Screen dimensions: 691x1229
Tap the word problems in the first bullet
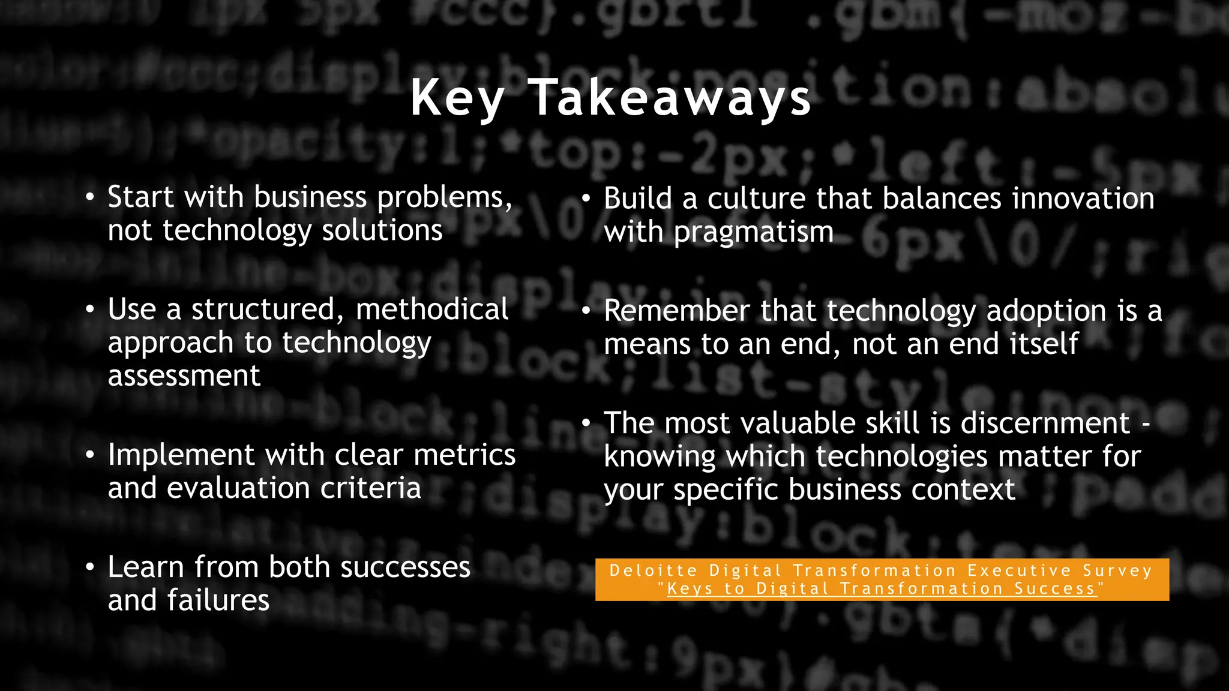tap(444, 198)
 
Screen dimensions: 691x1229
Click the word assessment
tap(184, 376)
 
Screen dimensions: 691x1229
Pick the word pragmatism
tap(754, 233)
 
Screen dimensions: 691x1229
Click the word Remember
tap(676, 311)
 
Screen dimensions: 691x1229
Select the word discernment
tap(1045, 423)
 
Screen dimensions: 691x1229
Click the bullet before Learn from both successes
tap(90, 567)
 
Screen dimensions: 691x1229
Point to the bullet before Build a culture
tap(586, 199)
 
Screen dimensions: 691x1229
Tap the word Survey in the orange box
tap(1117, 570)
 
